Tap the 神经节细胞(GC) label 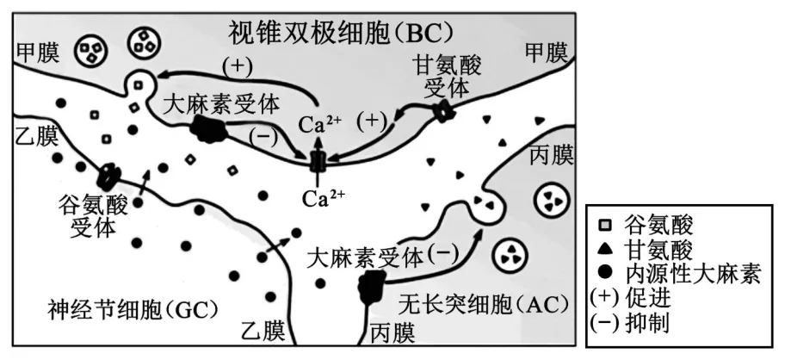click(x=133, y=307)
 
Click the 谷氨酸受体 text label click(x=93, y=215)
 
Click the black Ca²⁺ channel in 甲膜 click(x=318, y=160)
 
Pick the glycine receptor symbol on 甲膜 click(x=443, y=110)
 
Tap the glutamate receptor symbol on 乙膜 click(x=109, y=177)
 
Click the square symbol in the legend click(x=605, y=226)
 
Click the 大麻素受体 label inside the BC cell click(x=223, y=105)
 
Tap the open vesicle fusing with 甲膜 click(x=138, y=84)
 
